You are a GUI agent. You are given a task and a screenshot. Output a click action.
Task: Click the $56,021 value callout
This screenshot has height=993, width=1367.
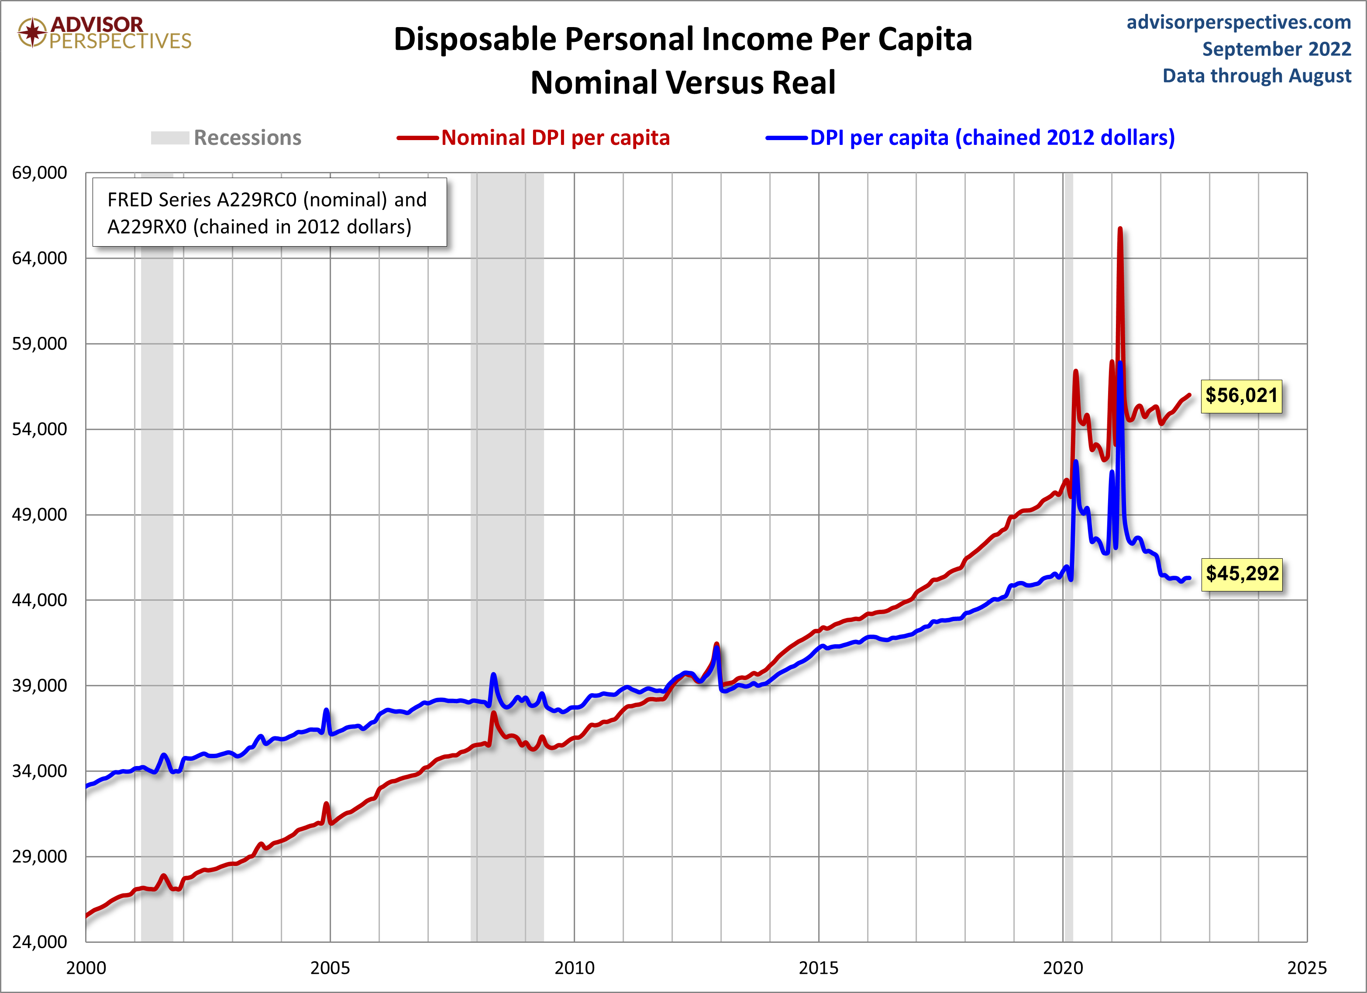(1241, 396)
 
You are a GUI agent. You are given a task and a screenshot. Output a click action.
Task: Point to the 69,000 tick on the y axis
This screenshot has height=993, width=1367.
(40, 173)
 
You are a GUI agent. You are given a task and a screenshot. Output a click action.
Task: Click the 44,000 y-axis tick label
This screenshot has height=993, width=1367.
(40, 600)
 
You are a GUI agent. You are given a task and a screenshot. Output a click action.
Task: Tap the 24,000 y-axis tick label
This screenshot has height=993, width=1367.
(40, 942)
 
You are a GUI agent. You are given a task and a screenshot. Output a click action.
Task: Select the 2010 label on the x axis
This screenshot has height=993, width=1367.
(574, 968)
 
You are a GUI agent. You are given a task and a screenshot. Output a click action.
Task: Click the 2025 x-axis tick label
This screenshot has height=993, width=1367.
(1306, 968)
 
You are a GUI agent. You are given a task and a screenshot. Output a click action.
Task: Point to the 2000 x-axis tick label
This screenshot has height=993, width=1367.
(86, 968)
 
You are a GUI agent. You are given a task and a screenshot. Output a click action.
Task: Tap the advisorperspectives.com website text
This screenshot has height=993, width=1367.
(1239, 22)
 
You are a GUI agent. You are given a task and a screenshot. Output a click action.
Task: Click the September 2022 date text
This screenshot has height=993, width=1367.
(1277, 49)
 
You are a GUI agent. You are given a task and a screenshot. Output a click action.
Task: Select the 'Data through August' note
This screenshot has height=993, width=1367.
(1257, 76)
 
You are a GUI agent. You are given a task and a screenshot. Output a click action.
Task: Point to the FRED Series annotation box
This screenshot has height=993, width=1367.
(269, 213)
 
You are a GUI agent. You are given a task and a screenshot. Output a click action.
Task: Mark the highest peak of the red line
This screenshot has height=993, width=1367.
(1120, 229)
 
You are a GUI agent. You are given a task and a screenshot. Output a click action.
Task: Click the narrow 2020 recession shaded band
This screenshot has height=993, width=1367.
(1068, 723)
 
